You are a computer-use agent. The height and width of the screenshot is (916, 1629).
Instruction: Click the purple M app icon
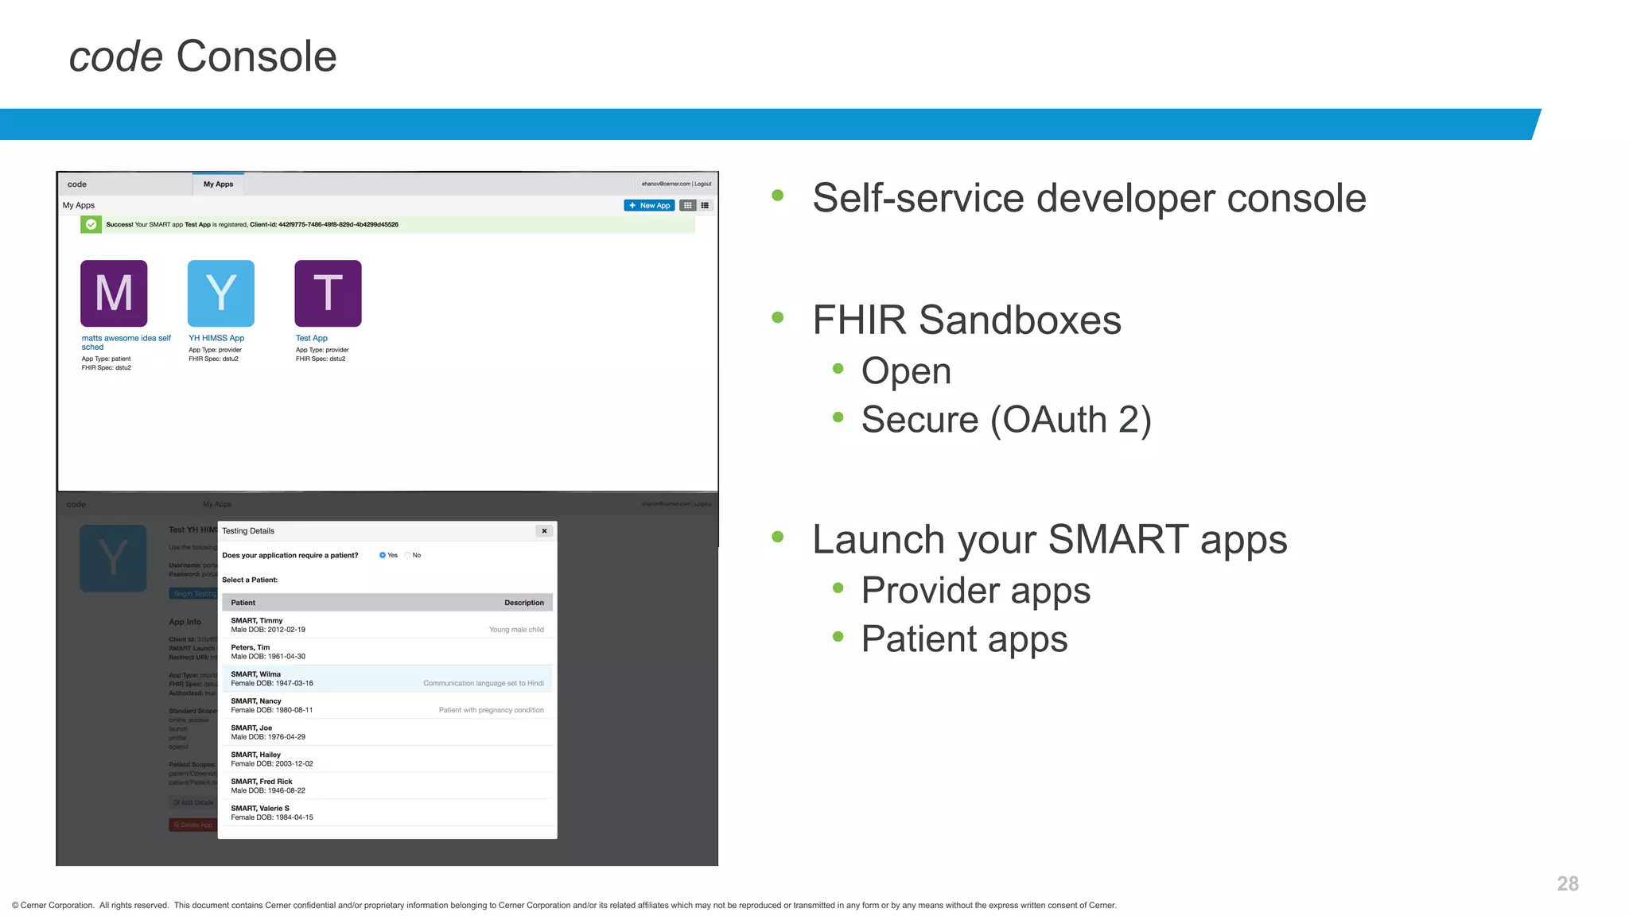pyautogui.click(x=114, y=293)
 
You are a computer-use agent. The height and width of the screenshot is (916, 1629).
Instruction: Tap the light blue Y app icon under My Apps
pyautogui.click(x=221, y=293)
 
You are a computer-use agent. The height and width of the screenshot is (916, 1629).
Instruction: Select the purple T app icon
pyautogui.click(x=328, y=293)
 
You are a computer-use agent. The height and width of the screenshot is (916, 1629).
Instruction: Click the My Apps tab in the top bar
pyautogui.click(x=218, y=184)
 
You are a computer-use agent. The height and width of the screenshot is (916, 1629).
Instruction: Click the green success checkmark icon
pyautogui.click(x=91, y=225)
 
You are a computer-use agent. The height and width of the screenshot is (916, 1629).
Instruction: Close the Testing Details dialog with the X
pyautogui.click(x=544, y=531)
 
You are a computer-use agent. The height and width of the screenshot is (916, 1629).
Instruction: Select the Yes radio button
pyautogui.click(x=383, y=555)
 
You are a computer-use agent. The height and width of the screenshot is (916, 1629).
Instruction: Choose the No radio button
pyautogui.click(x=408, y=555)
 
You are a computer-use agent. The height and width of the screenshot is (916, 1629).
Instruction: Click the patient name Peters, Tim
pyautogui.click(x=251, y=647)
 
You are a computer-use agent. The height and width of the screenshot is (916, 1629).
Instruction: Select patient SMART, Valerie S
pyautogui.click(x=260, y=809)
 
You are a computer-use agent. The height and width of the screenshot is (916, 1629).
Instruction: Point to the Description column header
pyautogui.click(x=524, y=603)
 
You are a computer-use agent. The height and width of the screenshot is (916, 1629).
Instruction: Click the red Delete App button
pyautogui.click(x=193, y=825)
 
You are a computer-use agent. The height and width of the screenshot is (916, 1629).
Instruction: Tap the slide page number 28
pyautogui.click(x=1567, y=883)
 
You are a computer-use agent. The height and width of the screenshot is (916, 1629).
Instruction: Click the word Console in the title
pyautogui.click(x=256, y=56)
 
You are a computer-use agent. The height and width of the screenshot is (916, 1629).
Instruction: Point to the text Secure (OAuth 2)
pyautogui.click(x=1006, y=420)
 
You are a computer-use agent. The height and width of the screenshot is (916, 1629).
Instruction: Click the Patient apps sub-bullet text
pyautogui.click(x=964, y=639)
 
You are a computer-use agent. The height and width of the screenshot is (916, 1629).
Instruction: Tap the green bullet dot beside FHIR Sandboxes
pyautogui.click(x=778, y=318)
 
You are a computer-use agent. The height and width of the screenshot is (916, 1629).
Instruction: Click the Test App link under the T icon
pyautogui.click(x=312, y=338)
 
